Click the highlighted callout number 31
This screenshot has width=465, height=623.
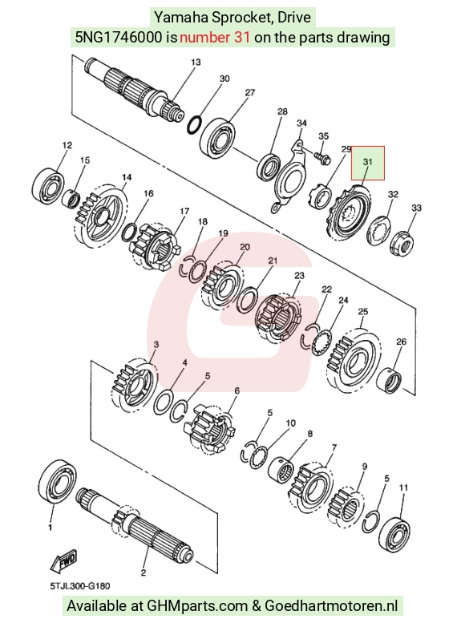pos(368,162)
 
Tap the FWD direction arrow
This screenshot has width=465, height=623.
pos(63,560)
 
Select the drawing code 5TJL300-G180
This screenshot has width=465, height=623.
pos(80,586)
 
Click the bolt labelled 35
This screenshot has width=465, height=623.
pos(321,157)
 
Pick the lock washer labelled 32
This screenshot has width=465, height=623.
pos(378,230)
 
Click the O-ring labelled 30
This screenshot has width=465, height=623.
pos(193,124)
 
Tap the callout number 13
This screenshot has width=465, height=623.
pos(196,62)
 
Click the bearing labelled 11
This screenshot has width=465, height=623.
pos(394,534)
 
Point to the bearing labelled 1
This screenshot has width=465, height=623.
pos(55,482)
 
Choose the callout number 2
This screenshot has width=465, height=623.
pos(144,572)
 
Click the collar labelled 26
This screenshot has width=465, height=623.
pos(389,381)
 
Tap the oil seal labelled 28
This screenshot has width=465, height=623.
pos(269,166)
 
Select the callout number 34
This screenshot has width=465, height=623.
pos(301,123)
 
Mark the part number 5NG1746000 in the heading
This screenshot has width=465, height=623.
pos(119,38)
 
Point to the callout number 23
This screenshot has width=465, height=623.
pos(299,275)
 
